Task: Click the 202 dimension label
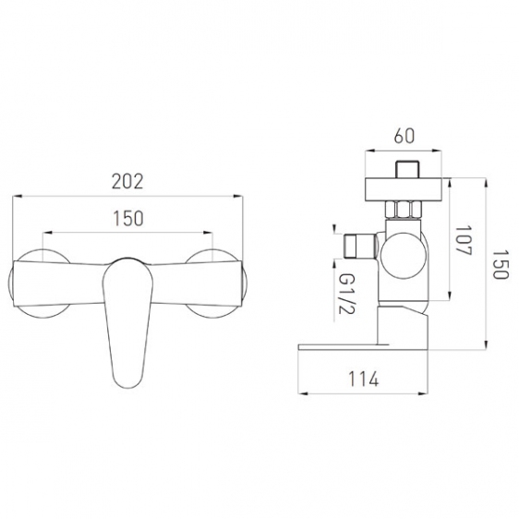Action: (x=127, y=181)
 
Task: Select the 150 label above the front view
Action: (x=128, y=219)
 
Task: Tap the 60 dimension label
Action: (x=404, y=136)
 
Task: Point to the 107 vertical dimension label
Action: (x=464, y=241)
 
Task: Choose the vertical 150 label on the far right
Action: (x=500, y=264)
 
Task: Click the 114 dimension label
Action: (x=363, y=379)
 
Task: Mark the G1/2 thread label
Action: (x=346, y=294)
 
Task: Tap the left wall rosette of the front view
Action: (x=39, y=284)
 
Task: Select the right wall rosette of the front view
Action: (x=215, y=284)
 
